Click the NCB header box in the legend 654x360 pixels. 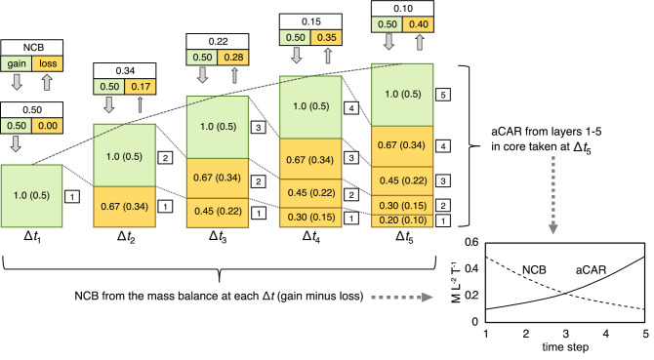click(32, 46)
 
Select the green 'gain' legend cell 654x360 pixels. click(18, 62)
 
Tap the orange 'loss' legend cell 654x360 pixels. click(48, 62)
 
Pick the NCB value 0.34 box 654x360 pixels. click(124, 70)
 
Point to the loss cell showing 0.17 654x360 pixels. click(140, 87)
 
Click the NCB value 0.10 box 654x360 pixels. click(404, 9)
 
